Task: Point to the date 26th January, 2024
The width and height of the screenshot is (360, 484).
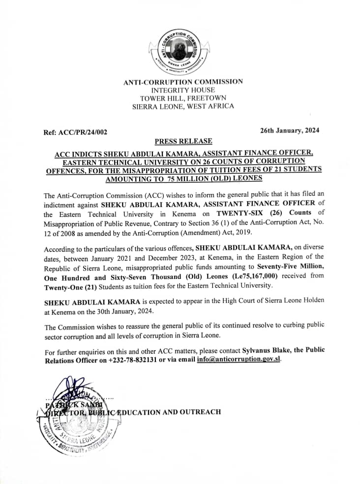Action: click(290, 130)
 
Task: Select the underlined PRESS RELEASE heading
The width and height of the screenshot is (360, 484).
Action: click(183, 141)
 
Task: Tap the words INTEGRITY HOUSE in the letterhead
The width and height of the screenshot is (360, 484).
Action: click(183, 90)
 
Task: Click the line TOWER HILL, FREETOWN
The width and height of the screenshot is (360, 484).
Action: click(183, 98)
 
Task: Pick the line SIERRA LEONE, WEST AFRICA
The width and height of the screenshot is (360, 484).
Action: click(183, 106)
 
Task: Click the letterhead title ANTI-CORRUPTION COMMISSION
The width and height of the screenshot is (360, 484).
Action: click(183, 82)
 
